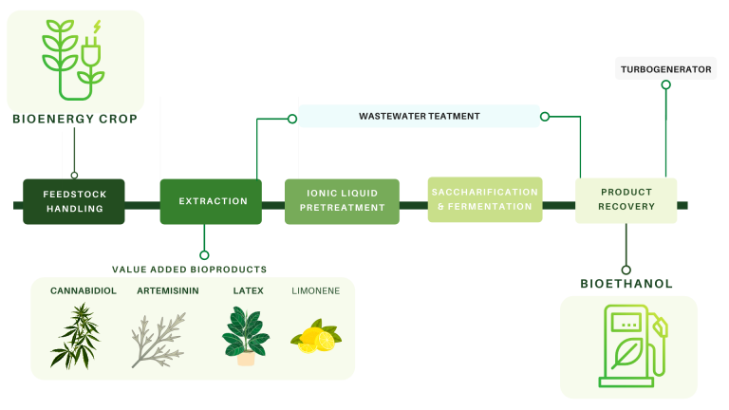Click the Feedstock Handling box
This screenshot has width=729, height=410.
(74, 201)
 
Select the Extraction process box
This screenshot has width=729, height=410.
(211, 201)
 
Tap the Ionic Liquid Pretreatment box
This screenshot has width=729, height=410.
(342, 201)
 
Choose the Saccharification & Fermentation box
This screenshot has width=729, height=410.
(484, 199)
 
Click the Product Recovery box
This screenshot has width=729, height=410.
(626, 200)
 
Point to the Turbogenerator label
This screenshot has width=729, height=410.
(665, 69)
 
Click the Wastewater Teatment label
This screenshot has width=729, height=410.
(419, 116)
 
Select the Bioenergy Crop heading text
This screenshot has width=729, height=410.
(75, 120)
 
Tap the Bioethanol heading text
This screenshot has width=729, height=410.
(626, 283)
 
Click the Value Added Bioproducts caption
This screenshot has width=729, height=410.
(190, 270)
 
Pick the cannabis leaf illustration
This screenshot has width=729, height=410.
(74, 334)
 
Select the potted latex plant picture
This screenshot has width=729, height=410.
(246, 336)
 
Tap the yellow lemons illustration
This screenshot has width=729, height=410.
(316, 338)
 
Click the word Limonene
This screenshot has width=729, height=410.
(315, 291)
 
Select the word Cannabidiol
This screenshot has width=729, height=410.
(84, 291)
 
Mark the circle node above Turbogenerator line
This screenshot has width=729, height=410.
(665, 84)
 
